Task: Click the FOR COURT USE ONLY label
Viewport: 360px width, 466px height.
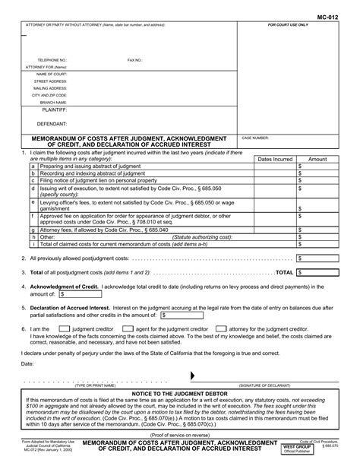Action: coord(288,25)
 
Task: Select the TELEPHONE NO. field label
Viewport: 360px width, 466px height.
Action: coord(52,59)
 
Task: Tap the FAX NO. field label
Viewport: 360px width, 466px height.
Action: coord(135,59)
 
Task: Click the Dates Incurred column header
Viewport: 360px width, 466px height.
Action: coord(274,159)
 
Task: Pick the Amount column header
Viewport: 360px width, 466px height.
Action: coord(317,159)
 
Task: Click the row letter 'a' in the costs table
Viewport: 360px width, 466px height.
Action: coord(33,166)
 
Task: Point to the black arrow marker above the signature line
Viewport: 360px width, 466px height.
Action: coord(191,376)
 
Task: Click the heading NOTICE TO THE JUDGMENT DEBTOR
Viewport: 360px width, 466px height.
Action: coord(180,392)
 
